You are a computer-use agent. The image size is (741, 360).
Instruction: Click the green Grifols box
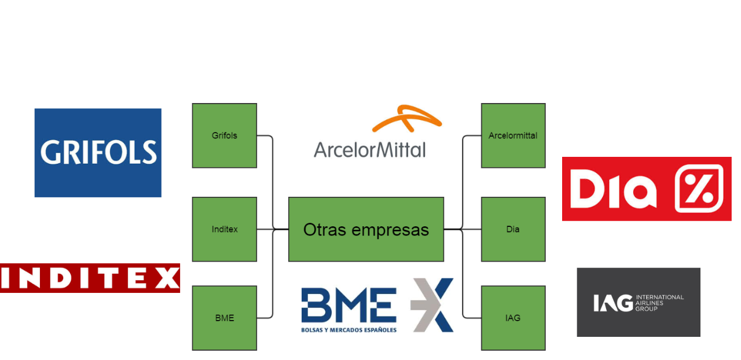click(224, 135)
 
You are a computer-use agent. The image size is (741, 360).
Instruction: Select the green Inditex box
click(224, 229)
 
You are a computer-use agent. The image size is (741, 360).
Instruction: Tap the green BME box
click(224, 318)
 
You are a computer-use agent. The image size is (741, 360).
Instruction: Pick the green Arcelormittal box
click(513, 135)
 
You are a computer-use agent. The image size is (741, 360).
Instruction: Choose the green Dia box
click(513, 229)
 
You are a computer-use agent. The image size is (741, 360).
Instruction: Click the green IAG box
click(513, 318)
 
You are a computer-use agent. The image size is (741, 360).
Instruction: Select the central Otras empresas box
click(366, 229)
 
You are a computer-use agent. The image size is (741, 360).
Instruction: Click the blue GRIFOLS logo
click(98, 153)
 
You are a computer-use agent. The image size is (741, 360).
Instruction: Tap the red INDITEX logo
click(90, 278)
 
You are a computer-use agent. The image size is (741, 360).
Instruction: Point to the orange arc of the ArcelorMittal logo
click(406, 118)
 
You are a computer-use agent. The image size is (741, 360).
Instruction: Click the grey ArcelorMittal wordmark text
click(369, 149)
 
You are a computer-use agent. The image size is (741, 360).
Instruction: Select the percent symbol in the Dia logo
click(699, 189)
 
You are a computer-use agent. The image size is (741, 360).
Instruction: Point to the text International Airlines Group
click(659, 303)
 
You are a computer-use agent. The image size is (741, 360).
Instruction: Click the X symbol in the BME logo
click(432, 305)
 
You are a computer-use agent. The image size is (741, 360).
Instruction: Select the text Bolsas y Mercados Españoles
click(349, 330)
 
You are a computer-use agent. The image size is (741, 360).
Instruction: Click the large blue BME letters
click(349, 305)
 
